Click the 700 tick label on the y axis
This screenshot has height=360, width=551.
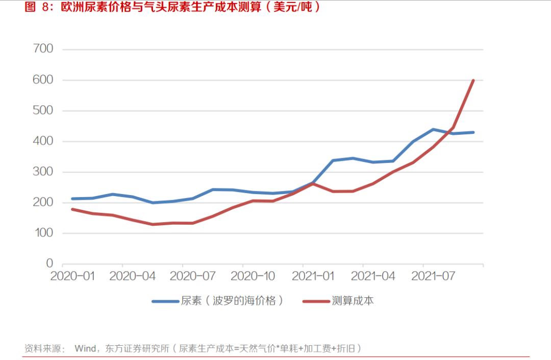click(43, 49)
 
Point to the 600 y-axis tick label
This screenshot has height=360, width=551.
click(43, 80)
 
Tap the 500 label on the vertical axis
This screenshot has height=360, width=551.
click(43, 111)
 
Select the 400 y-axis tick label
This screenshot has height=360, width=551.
click(43, 141)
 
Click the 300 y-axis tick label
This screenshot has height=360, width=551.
click(43, 172)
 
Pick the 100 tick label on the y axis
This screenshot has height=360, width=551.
click(43, 233)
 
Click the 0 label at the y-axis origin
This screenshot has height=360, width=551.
click(49, 263)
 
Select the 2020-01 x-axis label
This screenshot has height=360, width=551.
click(72, 276)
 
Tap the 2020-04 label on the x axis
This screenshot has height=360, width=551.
click(133, 276)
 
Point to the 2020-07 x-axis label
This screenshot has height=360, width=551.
click(192, 276)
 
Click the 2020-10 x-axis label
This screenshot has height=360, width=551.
click(253, 276)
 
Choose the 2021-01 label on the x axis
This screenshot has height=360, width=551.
click(313, 276)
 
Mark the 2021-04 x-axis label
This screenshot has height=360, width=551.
click(373, 276)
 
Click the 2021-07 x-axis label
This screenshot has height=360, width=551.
click(433, 276)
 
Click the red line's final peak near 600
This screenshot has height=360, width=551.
click(473, 81)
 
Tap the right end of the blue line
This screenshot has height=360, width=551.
click(473, 132)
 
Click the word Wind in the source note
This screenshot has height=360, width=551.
click(85, 349)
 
